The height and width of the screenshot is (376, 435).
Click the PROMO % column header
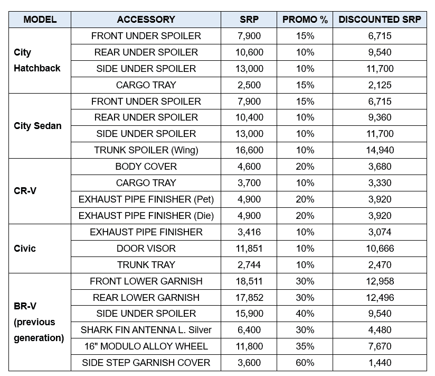305,20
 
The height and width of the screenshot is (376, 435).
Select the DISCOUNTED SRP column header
380,20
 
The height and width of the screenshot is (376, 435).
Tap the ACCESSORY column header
146,20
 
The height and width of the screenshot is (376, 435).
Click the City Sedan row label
37,126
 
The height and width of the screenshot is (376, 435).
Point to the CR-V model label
25,191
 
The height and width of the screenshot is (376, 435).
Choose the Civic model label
25,248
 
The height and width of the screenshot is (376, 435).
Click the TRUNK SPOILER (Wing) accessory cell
146,150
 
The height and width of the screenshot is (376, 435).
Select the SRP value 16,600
250,150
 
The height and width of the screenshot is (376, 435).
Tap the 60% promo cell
305,363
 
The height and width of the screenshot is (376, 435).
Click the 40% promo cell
305,314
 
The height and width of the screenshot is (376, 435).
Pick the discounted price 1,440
380,363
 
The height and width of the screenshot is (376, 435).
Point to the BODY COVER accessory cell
146,167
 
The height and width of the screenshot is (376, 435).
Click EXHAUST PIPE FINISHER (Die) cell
146,216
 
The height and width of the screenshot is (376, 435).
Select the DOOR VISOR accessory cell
146,249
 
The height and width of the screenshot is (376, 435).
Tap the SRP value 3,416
250,232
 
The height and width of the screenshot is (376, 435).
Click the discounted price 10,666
380,249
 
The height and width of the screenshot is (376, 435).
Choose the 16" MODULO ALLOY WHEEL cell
146,346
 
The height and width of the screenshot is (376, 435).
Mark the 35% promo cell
305,346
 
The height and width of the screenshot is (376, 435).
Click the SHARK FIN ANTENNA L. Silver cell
146,330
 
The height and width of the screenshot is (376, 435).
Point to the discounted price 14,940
380,150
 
